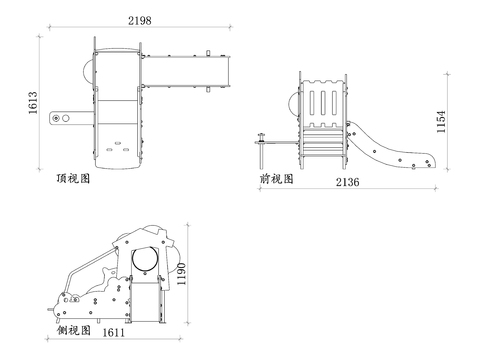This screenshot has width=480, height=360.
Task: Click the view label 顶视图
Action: coord(74,182)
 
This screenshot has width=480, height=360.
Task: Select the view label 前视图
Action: coord(275,179)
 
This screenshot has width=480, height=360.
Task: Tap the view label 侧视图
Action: coord(74,329)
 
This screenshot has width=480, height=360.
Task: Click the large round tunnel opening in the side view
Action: coord(146,259)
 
